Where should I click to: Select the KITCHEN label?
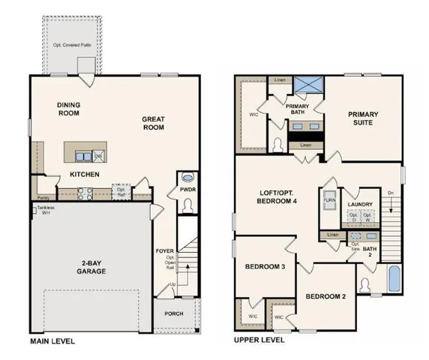coord(85,173)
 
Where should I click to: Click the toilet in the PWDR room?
coord(187,178)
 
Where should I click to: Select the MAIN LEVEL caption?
coord(52,340)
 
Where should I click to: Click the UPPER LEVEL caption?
coord(259,340)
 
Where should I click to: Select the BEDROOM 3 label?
coord(264,267)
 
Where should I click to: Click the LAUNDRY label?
coord(361,201)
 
